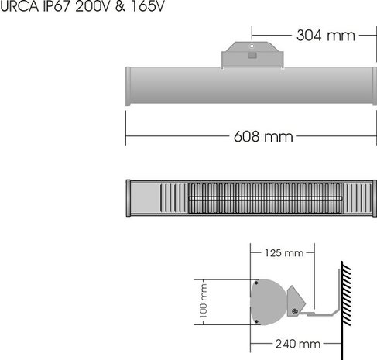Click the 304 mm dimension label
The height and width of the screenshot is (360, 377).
tap(325, 36)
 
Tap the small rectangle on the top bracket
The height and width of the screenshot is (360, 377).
tap(252, 55)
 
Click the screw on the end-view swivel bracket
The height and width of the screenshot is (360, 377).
tap(296, 312)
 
